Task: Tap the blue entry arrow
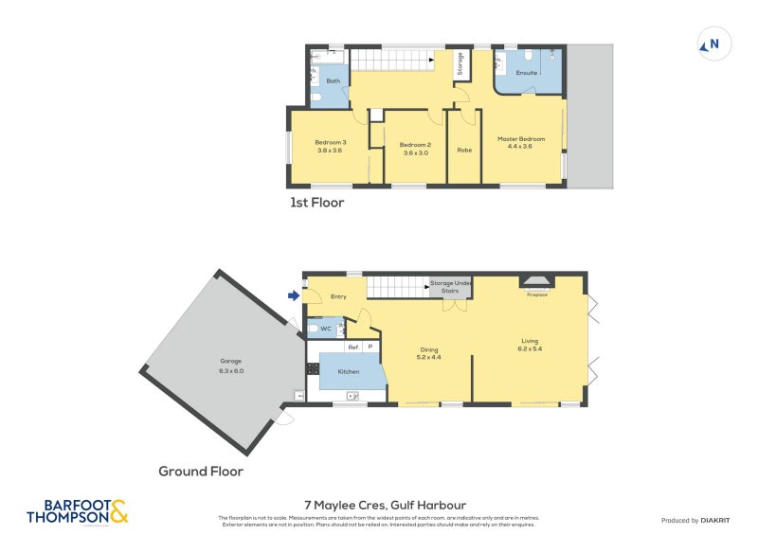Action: [294, 296]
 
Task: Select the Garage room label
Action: [232, 361]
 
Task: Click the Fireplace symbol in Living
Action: [537, 281]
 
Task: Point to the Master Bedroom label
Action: [521, 139]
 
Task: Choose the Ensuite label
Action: [527, 73]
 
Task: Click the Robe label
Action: [464, 150]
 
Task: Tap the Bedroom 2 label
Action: [415, 144]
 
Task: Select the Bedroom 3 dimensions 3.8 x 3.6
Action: [329, 151]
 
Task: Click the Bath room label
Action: [333, 81]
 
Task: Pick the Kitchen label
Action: [349, 371]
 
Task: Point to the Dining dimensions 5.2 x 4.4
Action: [429, 357]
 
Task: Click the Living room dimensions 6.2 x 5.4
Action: [531, 348]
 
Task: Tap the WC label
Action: [325, 329]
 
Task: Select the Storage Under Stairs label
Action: [450, 287]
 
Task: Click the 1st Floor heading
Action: [316, 203]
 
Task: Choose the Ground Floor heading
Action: [201, 471]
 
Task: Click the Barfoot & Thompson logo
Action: [77, 511]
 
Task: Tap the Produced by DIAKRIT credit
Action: [694, 521]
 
